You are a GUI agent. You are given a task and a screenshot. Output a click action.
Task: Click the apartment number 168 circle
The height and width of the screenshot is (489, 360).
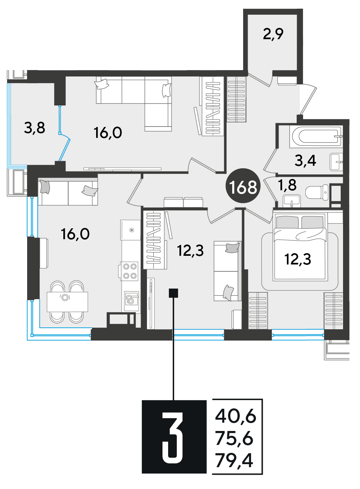click(243, 186)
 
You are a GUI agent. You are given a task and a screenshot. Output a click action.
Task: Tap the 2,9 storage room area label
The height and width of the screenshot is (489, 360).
click(273, 34)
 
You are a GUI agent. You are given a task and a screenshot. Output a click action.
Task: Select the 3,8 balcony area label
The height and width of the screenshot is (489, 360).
click(35, 128)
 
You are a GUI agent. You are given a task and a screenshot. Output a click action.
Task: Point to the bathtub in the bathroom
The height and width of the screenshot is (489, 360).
click(316, 137)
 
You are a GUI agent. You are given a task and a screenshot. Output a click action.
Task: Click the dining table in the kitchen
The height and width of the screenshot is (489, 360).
click(67, 302)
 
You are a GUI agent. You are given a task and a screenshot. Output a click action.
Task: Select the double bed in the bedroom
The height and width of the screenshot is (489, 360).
click(300, 247)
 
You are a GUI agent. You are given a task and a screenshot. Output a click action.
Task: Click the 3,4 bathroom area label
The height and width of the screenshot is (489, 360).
click(305, 161)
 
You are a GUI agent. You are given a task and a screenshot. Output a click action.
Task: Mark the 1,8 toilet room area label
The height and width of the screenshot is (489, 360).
click(287, 185)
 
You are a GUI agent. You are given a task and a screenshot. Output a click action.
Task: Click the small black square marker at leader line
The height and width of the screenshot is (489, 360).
click(173, 293)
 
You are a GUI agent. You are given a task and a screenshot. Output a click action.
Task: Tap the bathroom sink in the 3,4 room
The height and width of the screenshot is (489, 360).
click(336, 162)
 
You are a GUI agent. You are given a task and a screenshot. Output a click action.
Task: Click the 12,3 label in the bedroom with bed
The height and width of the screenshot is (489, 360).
click(297, 260)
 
